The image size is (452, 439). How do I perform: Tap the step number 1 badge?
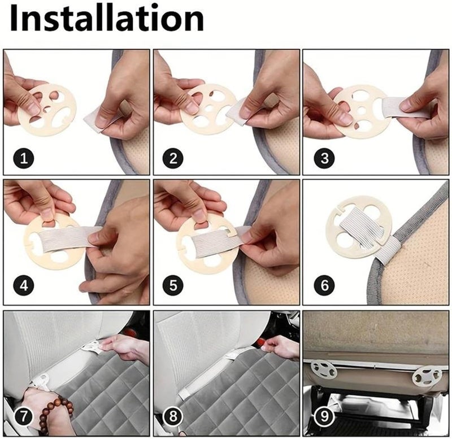[23, 158]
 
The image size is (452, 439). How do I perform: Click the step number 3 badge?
[324, 158]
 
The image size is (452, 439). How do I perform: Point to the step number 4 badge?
[23, 285]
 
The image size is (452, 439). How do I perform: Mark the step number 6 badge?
[324, 285]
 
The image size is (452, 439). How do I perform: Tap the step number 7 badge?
[23, 417]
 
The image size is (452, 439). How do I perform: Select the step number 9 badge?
[324, 417]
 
